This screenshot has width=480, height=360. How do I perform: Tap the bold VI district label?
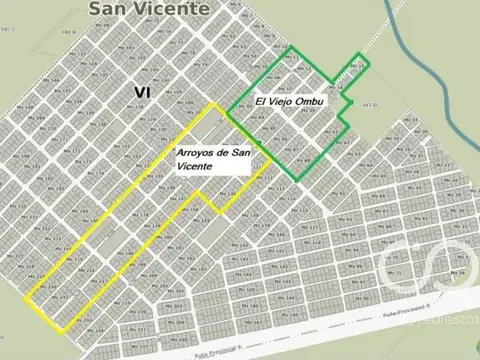(142, 92)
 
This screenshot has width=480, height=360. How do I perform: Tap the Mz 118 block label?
(314, 242)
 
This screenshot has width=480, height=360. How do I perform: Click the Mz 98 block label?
(361, 298)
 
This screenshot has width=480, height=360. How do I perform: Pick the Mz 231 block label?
(60, 297)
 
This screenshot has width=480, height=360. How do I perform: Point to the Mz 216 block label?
(87, 270)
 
